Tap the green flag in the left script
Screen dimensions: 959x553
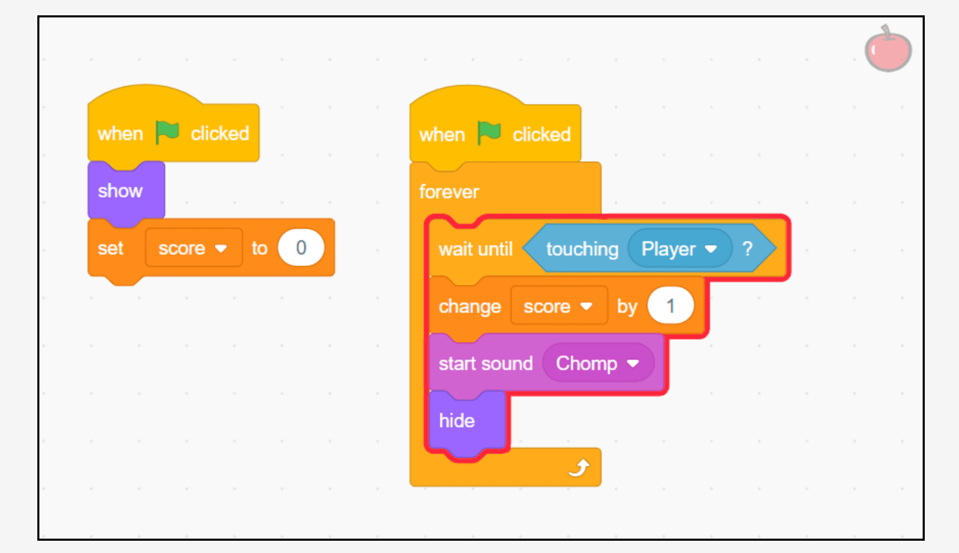167,132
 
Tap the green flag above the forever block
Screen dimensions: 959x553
489,133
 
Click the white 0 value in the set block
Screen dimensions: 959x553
301,248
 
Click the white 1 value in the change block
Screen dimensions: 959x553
670,306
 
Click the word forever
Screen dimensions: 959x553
449,192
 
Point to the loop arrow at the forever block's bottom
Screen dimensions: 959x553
579,467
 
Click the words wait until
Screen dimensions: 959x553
475,249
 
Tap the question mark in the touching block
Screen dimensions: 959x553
747,248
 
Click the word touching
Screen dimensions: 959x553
582,249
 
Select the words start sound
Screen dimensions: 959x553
486,363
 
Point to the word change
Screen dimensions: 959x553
470,307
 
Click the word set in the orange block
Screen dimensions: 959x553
110,248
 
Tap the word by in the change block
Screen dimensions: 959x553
627,307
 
